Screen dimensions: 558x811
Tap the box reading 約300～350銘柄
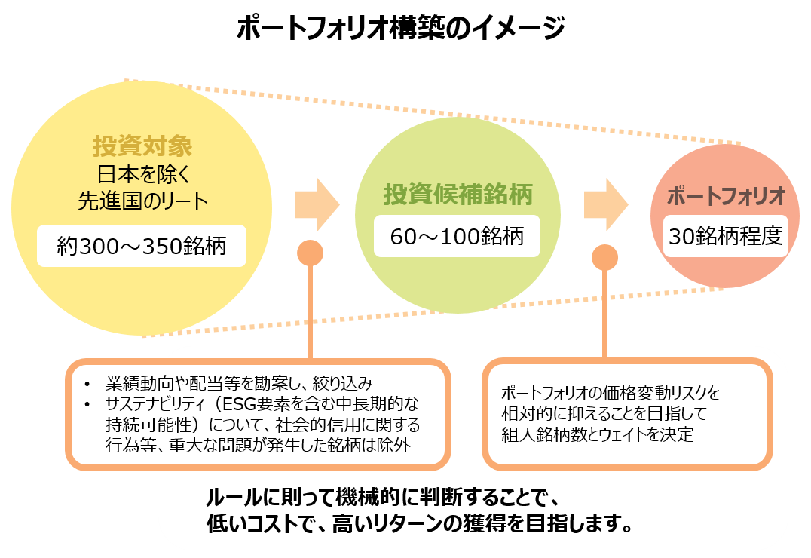point(142,246)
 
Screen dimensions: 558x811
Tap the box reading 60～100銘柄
point(457,237)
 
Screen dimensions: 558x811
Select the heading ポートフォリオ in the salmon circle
point(727,195)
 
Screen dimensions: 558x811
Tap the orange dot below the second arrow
point(604,258)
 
